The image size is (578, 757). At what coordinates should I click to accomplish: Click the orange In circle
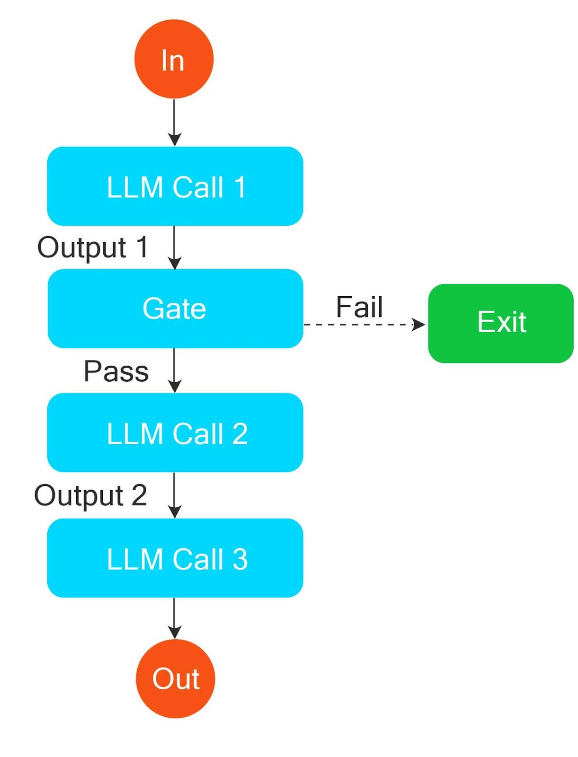tap(174, 59)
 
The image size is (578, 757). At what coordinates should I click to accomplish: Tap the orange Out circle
tap(175, 678)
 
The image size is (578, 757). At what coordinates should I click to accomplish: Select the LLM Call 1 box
tap(175, 186)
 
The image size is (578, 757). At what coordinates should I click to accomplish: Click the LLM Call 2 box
tap(175, 432)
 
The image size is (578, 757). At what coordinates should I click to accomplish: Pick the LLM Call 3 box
tap(175, 558)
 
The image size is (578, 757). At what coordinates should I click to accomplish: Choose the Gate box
tap(175, 308)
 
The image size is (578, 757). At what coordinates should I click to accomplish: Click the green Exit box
tap(500, 323)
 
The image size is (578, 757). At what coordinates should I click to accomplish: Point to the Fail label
tap(359, 307)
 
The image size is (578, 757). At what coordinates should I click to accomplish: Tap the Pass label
tap(116, 371)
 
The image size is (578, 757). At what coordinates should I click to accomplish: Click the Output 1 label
tap(93, 247)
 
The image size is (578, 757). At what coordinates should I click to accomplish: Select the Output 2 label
tap(90, 495)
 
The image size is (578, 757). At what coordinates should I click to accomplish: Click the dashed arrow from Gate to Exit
tap(360, 325)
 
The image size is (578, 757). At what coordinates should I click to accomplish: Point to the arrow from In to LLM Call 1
tap(174, 121)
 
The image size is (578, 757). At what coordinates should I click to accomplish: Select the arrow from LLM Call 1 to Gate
tap(174, 246)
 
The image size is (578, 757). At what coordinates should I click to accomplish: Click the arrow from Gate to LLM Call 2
tap(174, 369)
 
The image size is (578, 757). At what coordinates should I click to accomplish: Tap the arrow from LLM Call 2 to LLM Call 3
tap(174, 494)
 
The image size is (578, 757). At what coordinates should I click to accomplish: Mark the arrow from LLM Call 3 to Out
tap(174, 617)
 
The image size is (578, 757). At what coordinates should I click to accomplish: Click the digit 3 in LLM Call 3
tap(240, 559)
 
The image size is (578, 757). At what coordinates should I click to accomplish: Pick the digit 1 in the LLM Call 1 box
tap(240, 186)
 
